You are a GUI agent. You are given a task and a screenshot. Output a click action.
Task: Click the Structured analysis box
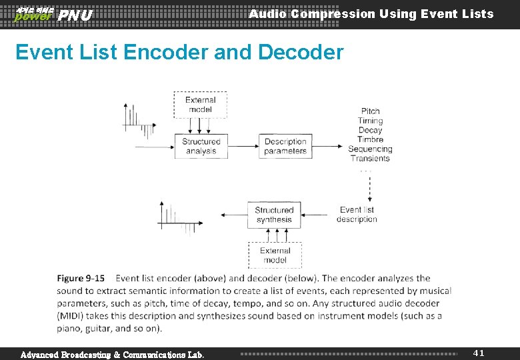click(x=201, y=146)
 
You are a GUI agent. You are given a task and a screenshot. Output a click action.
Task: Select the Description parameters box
click(x=285, y=146)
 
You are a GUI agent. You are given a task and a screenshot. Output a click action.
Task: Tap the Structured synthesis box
click(x=274, y=215)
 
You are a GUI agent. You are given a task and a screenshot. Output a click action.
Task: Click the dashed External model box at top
click(x=200, y=105)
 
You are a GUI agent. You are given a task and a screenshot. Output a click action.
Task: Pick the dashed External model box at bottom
click(x=275, y=255)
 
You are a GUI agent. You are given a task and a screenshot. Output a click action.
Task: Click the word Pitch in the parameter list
click(x=370, y=111)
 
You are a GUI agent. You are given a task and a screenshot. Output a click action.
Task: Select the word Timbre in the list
click(x=370, y=139)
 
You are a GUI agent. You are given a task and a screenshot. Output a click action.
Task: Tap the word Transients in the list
click(x=370, y=158)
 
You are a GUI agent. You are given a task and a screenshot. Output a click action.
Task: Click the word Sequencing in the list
click(x=370, y=149)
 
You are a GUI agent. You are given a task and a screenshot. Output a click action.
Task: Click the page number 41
click(x=479, y=353)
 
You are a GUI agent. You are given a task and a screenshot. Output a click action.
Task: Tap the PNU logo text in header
click(x=75, y=15)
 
